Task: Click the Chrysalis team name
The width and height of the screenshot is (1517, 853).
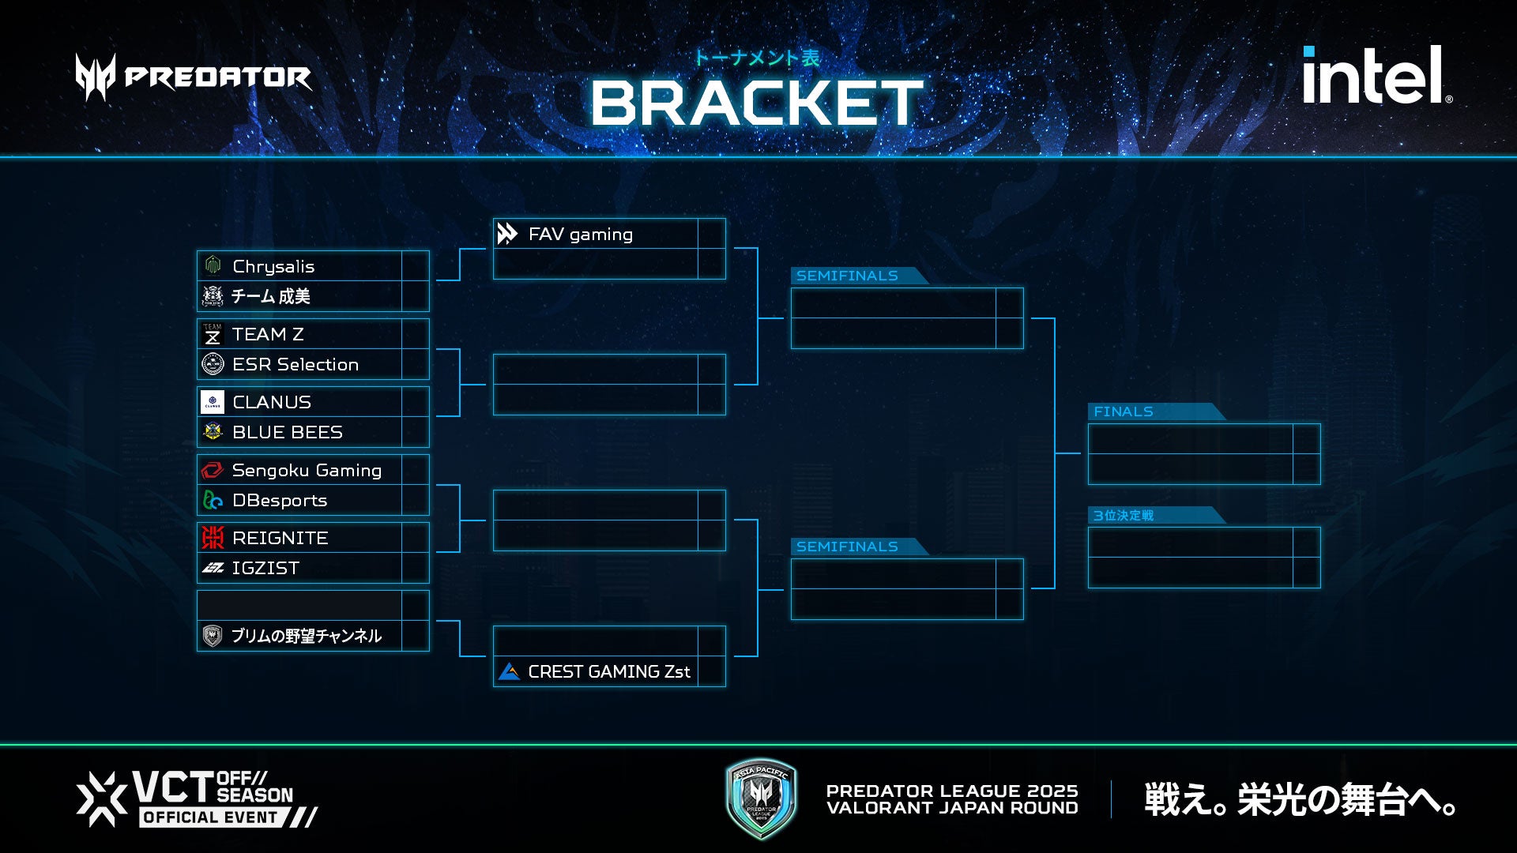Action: pos(273,266)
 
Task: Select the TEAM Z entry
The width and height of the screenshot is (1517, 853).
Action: pos(268,334)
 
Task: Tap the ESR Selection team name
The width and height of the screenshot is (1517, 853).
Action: pos(295,364)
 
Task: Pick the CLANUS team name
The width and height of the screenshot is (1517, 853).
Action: pos(272,402)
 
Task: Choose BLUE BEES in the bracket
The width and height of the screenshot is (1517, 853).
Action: pos(287,432)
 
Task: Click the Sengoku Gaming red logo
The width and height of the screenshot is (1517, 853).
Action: pos(213,470)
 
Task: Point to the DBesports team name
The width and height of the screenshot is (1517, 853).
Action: pos(279,500)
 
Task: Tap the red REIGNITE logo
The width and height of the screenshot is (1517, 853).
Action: pos(213,538)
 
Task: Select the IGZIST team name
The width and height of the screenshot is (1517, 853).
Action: pos(265,568)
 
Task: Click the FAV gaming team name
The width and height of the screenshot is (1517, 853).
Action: pos(580,234)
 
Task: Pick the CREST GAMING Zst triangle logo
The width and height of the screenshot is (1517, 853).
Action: pos(510,671)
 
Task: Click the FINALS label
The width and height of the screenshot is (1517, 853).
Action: pos(1123,411)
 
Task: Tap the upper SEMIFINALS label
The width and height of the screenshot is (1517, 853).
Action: pos(846,276)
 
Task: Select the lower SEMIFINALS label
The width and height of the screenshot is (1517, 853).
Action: pos(846,547)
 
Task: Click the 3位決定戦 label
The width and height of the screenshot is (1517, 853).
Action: pos(1123,516)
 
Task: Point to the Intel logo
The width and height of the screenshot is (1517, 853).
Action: pos(1376,76)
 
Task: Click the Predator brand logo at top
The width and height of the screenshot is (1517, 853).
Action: pos(194,77)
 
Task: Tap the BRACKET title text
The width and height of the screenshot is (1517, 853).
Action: pos(756,103)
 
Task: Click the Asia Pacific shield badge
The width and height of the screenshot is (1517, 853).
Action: pos(761,799)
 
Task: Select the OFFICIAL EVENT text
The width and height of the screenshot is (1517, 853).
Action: pos(210,817)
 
